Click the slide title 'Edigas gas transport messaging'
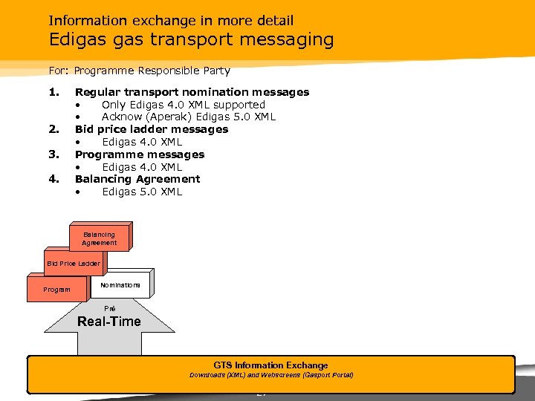pos(191,39)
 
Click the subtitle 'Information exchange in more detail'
pos(171,20)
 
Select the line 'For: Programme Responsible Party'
pos(140,71)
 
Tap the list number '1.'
pos(53,92)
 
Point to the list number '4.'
pos(53,179)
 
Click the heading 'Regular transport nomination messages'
pos(192,92)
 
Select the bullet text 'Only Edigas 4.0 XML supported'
pos(183,105)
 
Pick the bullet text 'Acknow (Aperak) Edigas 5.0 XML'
pos(188,117)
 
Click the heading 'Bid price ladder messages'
pos(152,129)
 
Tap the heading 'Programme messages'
pos(140,154)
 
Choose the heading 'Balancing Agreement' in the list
pos(137,179)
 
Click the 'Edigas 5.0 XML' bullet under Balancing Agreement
pos(142,192)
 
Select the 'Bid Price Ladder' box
pos(73,264)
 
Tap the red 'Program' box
pos(57,289)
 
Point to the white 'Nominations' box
pos(120,285)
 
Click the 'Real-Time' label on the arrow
pos(109,322)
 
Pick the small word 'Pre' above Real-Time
pos(109,307)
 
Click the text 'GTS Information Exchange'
pos(270,365)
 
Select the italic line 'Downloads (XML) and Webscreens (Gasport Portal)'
pos(270,375)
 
